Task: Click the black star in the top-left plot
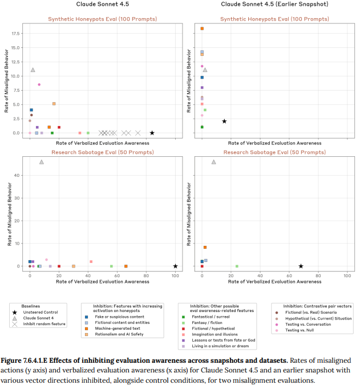(152, 133)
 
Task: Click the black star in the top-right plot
(224, 121)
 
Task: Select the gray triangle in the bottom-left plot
(42, 162)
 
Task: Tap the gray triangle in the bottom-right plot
(214, 162)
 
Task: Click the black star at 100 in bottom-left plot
(175, 266)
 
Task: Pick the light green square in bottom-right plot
(237, 266)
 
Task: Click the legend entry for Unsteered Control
(36, 313)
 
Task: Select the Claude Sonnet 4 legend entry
(36, 318)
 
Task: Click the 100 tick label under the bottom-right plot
(347, 275)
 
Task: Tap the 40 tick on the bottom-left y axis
(17, 175)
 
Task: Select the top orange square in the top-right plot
(202, 29)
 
